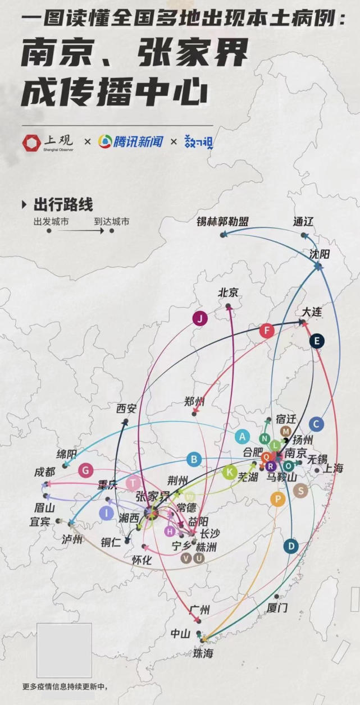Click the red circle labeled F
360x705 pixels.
[x=267, y=331]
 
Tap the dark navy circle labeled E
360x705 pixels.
[x=317, y=341]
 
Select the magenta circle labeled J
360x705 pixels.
[x=200, y=319]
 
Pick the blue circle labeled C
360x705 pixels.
[x=317, y=424]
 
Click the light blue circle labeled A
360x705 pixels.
[x=242, y=436]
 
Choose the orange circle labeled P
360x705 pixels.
[x=277, y=498]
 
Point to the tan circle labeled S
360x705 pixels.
[x=301, y=491]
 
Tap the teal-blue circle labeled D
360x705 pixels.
[x=290, y=546]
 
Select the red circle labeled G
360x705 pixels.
[x=85, y=470]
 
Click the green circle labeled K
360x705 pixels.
[x=229, y=472]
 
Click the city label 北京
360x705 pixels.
[x=228, y=292]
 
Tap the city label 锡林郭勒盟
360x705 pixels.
[x=222, y=221]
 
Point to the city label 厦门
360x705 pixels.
[x=277, y=607]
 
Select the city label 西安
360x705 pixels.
[x=126, y=409]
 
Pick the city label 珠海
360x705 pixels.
[x=203, y=653]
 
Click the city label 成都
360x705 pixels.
[x=45, y=472]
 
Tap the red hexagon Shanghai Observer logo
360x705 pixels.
[x=31, y=143]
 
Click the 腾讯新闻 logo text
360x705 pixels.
[x=138, y=141]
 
